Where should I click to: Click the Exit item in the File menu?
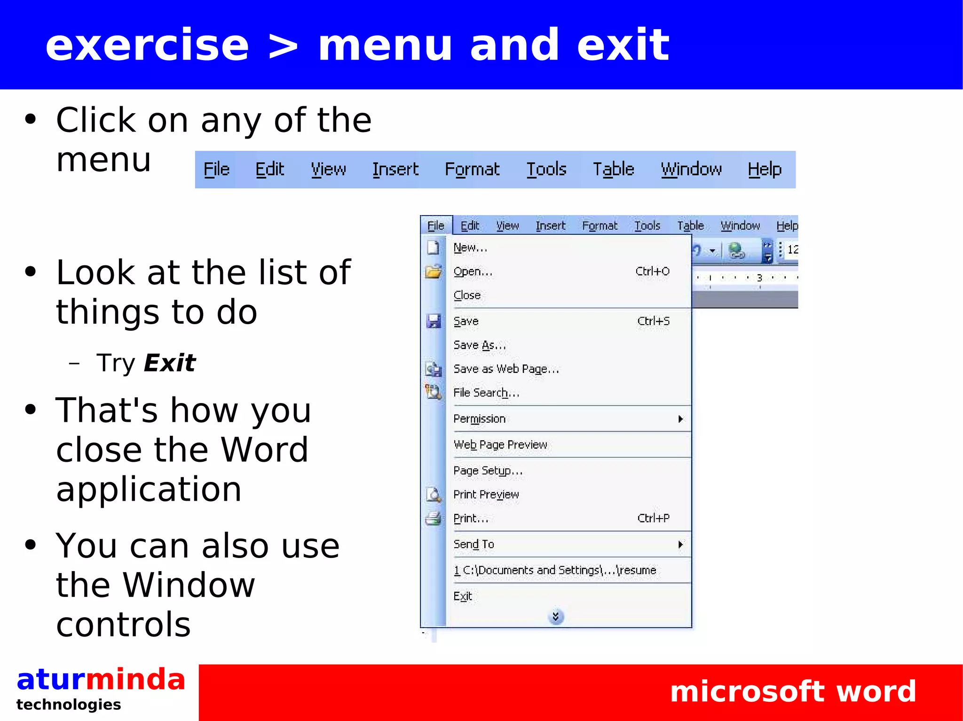463,597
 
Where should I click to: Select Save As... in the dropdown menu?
479,345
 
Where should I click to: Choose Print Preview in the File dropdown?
486,495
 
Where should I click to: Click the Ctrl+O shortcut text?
652,271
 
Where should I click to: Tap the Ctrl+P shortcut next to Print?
653,518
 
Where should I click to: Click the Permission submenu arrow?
680,419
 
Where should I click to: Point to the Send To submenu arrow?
680,544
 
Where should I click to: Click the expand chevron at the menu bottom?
555,616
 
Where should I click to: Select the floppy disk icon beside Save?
433,321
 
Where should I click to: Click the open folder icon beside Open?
433,271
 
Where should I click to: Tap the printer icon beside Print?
433,519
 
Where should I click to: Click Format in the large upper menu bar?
472,169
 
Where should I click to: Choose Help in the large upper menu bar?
765,169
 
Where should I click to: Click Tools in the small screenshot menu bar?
647,226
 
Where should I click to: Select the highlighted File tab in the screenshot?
436,226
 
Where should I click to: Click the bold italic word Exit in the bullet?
169,363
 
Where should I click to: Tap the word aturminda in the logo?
101,680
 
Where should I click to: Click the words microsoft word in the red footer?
793,691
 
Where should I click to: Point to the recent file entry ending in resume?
555,570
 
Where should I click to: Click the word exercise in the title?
147,45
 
